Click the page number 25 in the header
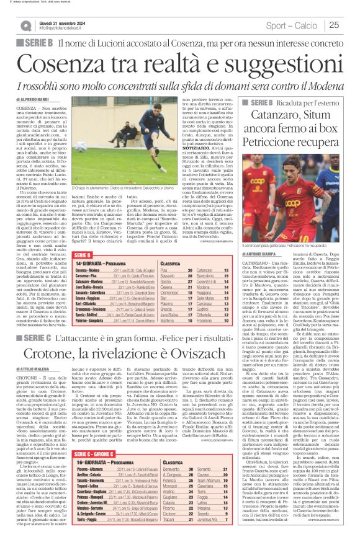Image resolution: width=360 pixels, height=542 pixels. [350, 25]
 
